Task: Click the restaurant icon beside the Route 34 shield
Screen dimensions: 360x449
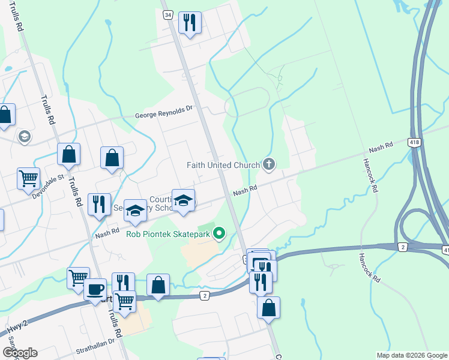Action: click(190, 23)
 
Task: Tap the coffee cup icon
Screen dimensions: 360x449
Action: click(95, 289)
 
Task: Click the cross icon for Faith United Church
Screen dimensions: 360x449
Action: click(269, 164)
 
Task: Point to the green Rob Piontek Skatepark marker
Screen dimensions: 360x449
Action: click(220, 233)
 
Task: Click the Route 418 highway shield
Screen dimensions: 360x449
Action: click(414, 142)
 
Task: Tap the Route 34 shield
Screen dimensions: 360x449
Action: click(167, 14)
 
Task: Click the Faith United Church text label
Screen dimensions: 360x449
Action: click(223, 165)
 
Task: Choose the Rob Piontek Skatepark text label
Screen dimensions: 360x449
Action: click(168, 234)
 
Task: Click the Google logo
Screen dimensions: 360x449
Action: click(20, 353)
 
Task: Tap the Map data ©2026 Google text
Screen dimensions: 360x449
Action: click(412, 355)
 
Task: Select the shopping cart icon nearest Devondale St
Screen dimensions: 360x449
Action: click(28, 178)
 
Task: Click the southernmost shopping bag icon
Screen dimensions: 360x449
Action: click(268, 307)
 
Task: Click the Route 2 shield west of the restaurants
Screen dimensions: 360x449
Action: click(205, 295)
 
